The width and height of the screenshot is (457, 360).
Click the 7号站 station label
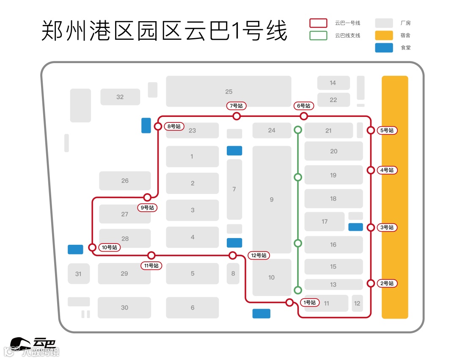pos(237,106)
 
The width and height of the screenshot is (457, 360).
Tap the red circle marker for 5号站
pos(371,130)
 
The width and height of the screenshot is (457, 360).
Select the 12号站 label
pos(259,255)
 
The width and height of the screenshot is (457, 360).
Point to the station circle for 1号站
pos(289,302)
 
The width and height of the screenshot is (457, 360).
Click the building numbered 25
pos(228,91)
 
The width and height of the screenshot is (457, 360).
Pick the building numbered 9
pos(272,199)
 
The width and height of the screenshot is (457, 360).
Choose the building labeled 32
pos(120,97)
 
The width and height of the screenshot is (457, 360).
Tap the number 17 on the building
pos(325,222)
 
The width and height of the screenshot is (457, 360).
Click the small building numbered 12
pos(357,303)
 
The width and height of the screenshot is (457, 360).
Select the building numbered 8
pos(233,274)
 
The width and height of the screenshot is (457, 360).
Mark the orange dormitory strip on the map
pos(395,197)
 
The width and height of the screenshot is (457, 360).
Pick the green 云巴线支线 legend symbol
pos(318,35)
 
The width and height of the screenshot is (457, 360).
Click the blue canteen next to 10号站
pos(75,249)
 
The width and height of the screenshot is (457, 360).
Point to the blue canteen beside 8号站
pos(146,125)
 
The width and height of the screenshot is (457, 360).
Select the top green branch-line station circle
pos(298,130)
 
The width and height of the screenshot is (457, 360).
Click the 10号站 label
pos(109,247)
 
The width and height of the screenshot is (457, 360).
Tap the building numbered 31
pos(78,274)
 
